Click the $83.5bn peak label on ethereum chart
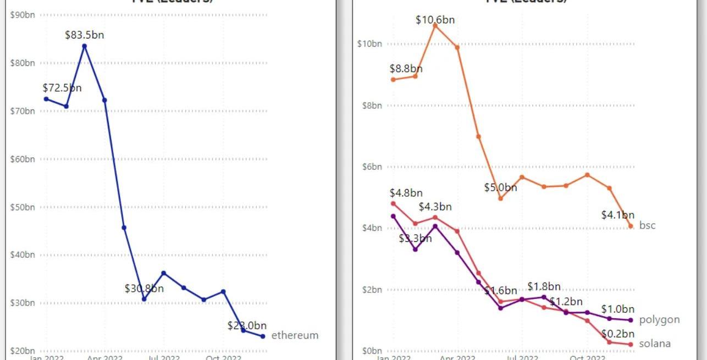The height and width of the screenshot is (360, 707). [84, 35]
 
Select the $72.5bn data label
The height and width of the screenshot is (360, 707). [62, 88]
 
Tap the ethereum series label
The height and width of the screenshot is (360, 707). [295, 335]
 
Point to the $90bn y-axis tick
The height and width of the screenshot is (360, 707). [23, 15]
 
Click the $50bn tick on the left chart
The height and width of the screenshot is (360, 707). [23, 207]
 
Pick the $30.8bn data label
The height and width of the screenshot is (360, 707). [144, 289]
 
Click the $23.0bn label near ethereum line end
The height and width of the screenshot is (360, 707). [247, 325]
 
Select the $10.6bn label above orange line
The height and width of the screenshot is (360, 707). [435, 20]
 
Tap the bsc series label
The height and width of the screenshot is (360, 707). [647, 225]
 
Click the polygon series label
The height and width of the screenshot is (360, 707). [659, 320]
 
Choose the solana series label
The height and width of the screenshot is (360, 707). [655, 344]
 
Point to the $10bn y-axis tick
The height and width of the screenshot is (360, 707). [369, 44]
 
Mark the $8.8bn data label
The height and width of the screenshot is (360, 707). [406, 69]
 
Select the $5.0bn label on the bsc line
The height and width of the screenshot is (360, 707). [500, 187]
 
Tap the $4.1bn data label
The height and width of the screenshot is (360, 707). [617, 215]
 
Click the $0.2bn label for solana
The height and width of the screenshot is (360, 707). [617, 334]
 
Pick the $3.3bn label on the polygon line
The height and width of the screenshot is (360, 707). [415, 239]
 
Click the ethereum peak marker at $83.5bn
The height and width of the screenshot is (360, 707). [84, 46]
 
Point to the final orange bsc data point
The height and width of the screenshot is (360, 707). [630, 226]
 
